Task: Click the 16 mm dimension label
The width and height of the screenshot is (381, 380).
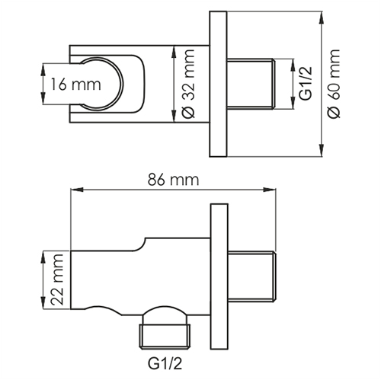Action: coord(71,84)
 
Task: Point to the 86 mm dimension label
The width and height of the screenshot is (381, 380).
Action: coord(173,181)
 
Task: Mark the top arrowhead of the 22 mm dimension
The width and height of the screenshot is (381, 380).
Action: coord(40,252)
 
